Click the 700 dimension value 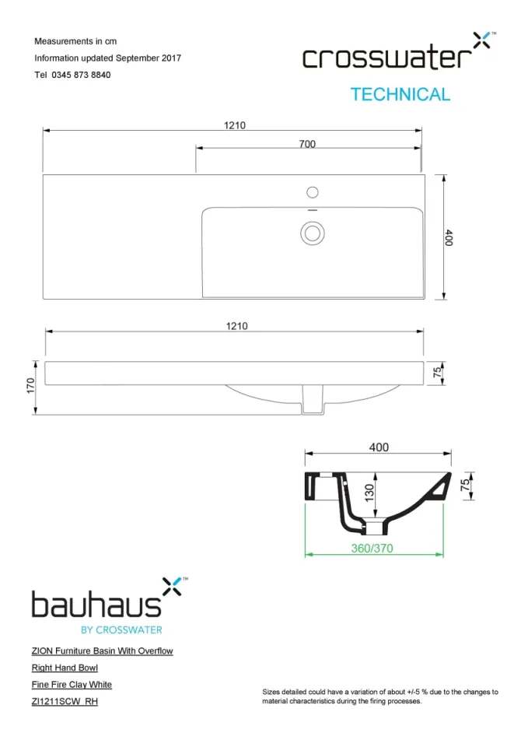click(307, 144)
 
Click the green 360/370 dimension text click(372, 548)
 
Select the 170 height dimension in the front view click(31, 385)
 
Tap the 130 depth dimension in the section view click(370, 492)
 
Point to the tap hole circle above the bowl click(313, 191)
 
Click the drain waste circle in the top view click(313, 232)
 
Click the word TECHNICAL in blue click(400, 95)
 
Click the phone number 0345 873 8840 click(81, 75)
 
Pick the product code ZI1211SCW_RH click(65, 702)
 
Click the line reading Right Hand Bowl click(65, 668)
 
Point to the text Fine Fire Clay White click(72, 685)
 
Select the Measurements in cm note click(75, 41)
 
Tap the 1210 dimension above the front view click(236, 326)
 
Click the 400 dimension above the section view click(378, 447)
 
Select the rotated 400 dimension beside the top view click(449, 237)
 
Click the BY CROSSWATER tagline click(121, 630)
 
